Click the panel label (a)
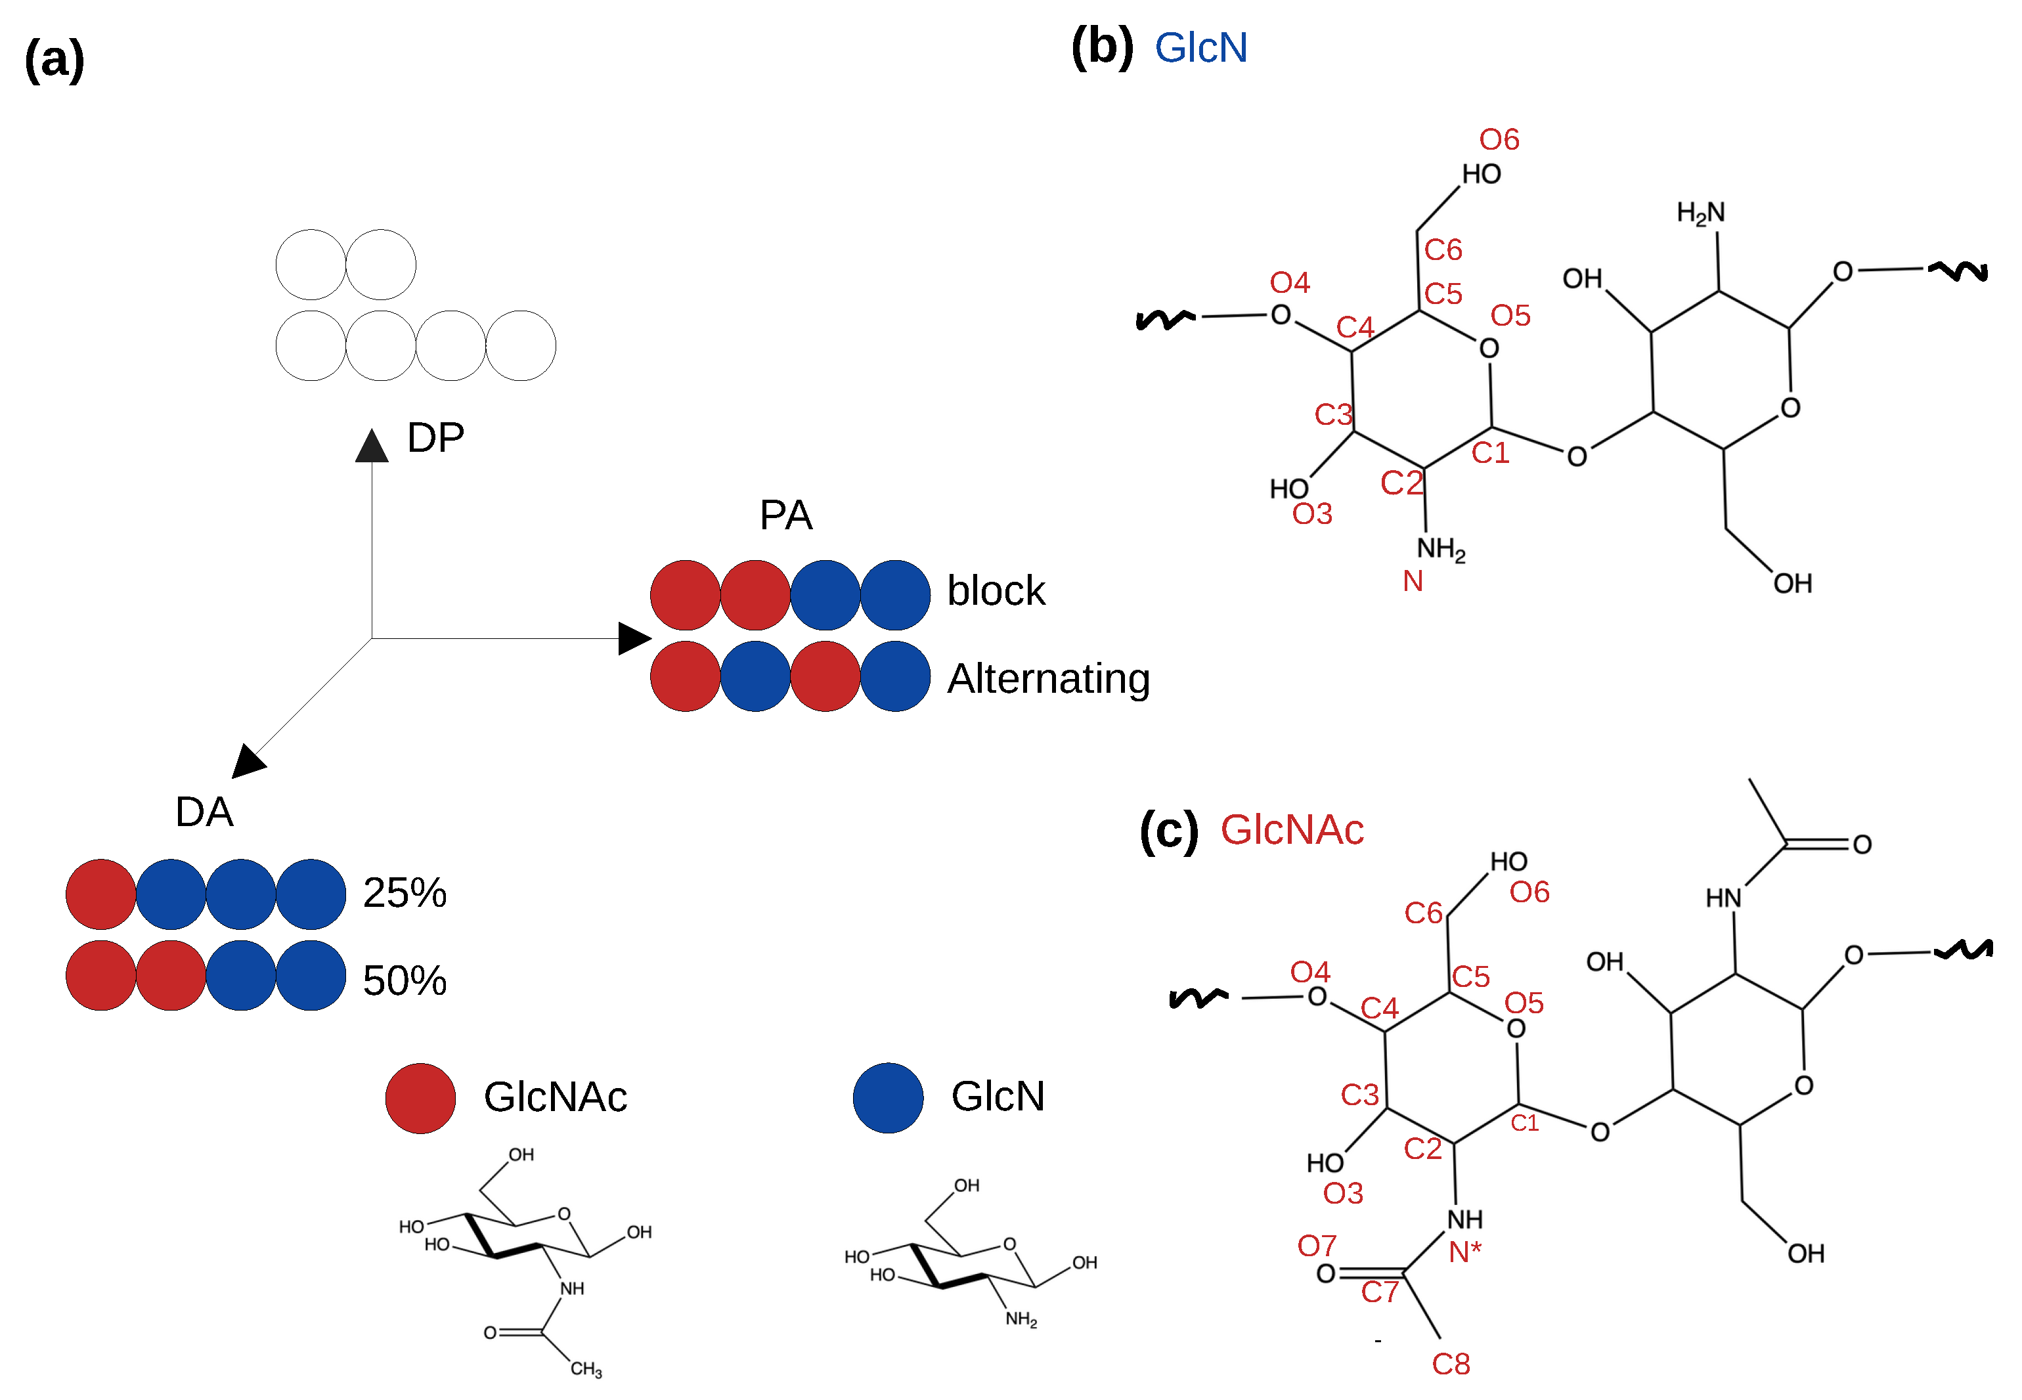click(55, 60)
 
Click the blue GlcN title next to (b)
click(1200, 47)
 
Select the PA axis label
click(785, 515)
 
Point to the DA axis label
click(204, 812)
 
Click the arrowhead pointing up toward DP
click(372, 446)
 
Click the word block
click(996, 590)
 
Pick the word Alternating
click(1048, 678)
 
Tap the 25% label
click(405, 892)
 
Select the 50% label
click(405, 980)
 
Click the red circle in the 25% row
click(101, 894)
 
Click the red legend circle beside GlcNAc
click(420, 1097)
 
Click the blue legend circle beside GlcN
click(888, 1097)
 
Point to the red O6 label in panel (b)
click(1499, 139)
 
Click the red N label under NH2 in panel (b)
click(1413, 580)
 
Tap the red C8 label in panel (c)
click(1451, 1364)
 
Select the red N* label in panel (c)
click(1464, 1252)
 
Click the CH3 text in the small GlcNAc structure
click(586, 1368)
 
